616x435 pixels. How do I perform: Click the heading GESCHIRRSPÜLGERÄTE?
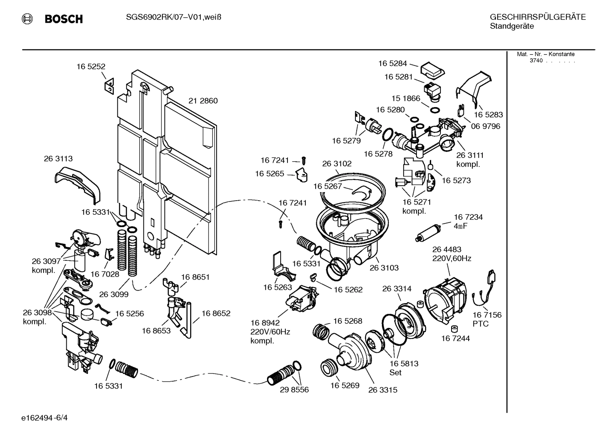pyautogui.click(x=537, y=17)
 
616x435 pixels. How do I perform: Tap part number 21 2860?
pyautogui.click(x=203, y=101)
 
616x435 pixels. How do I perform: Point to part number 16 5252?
pyautogui.click(x=91, y=67)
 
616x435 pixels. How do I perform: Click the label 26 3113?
pyautogui.click(x=58, y=159)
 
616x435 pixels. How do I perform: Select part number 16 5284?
pyautogui.click(x=392, y=64)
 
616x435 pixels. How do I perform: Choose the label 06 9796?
pyautogui.click(x=485, y=126)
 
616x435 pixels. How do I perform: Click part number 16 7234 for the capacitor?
pyautogui.click(x=468, y=217)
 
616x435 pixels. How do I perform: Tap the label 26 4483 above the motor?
pyautogui.click(x=446, y=249)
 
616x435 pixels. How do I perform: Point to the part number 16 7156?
pyautogui.click(x=487, y=315)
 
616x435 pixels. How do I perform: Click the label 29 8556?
pyautogui.click(x=294, y=390)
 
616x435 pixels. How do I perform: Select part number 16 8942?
pyautogui.click(x=264, y=323)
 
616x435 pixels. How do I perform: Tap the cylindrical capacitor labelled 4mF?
pyautogui.click(x=428, y=233)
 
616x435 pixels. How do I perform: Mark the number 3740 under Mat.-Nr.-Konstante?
pyautogui.click(x=536, y=61)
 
